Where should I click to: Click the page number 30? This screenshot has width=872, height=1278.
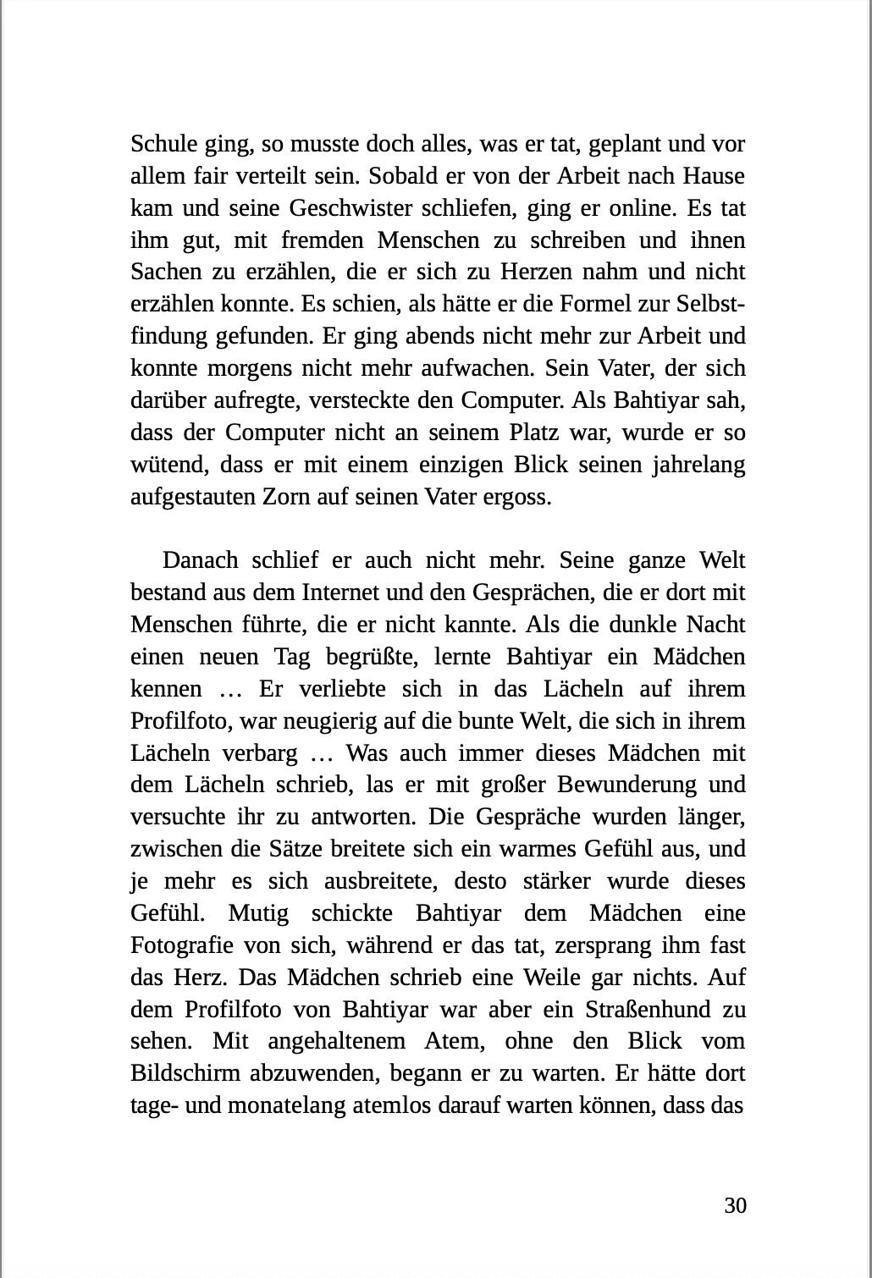(735, 1205)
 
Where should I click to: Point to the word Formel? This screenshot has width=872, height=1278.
(558, 304)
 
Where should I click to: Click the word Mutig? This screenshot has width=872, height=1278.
(257, 913)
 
